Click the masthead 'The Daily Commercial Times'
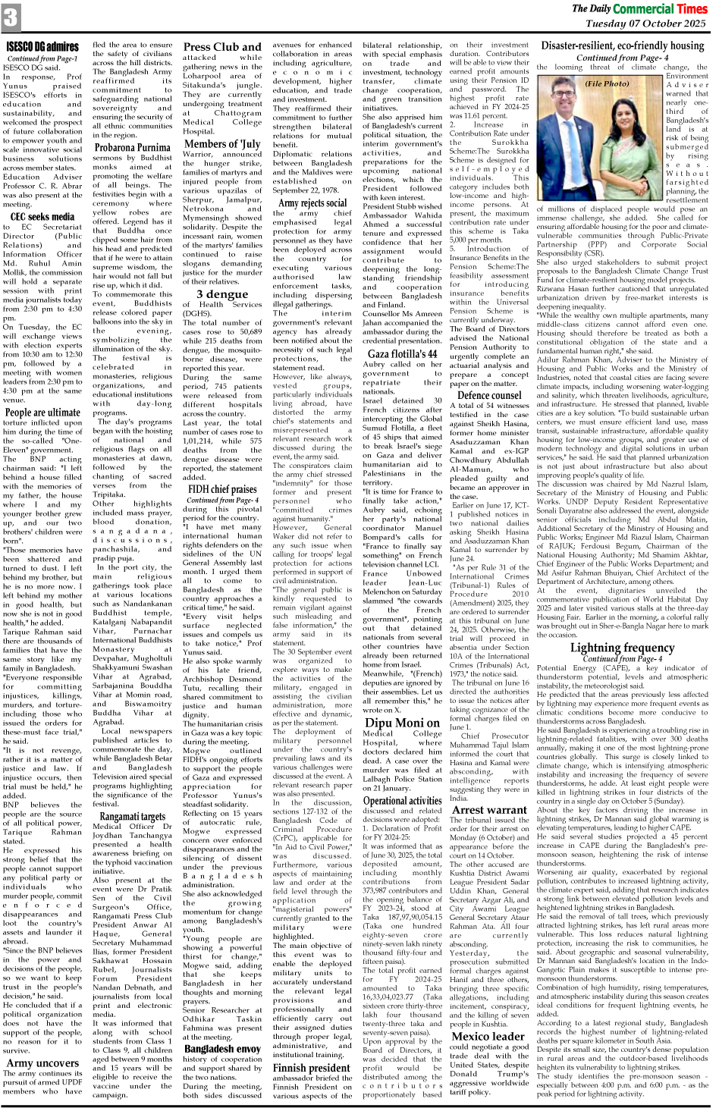[x=639, y=9]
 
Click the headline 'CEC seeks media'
[x=42, y=217]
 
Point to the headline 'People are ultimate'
[x=42, y=413]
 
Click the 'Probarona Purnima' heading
[x=132, y=148]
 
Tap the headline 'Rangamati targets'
[x=132, y=817]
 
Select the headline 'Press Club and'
[x=221, y=46]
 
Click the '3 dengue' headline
[x=221, y=294]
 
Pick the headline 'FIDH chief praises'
[x=222, y=489]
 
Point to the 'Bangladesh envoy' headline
[x=222, y=1049]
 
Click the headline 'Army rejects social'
[x=312, y=202]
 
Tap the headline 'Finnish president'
[x=312, y=1069]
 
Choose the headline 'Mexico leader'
[x=487, y=1036]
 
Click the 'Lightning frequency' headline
[x=621, y=648]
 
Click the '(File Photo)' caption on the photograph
[x=606, y=83]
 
